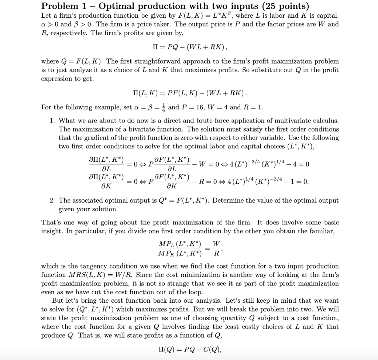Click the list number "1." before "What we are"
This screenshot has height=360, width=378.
coord(53,121)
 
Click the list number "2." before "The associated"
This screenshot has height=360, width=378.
coord(53,200)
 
